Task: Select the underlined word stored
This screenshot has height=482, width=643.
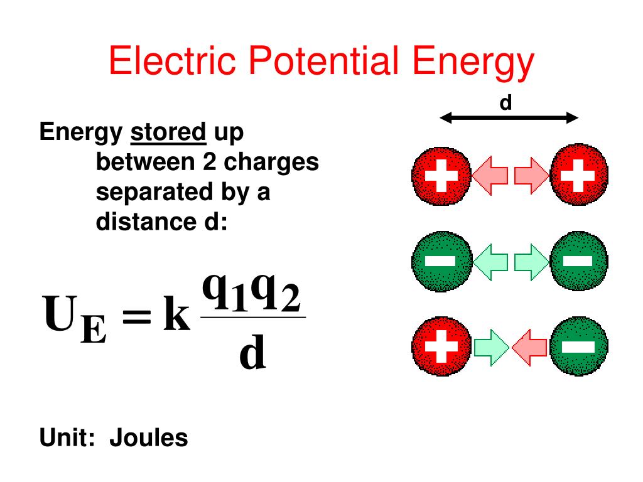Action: tap(168, 133)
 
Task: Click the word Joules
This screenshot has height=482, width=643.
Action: tap(149, 437)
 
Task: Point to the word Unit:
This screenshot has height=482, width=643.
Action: tap(67, 437)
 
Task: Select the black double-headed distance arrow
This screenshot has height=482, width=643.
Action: tap(509, 117)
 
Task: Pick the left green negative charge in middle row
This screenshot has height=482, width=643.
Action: tap(441, 261)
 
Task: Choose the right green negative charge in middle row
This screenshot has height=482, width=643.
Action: tap(578, 261)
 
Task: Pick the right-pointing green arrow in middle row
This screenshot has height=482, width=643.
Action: tap(531, 261)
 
